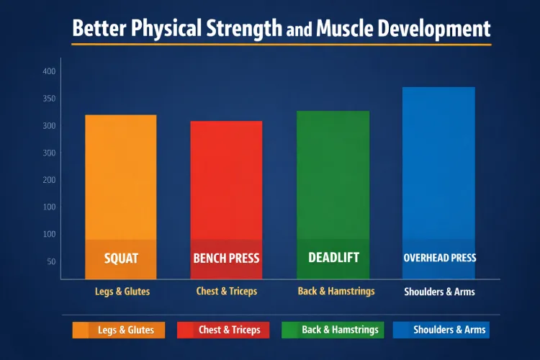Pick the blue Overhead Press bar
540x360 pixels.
tap(438, 166)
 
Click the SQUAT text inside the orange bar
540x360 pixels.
tap(121, 258)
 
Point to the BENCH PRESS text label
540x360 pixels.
tap(226, 258)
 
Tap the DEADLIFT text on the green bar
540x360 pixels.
tap(333, 257)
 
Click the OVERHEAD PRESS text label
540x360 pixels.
tap(439, 257)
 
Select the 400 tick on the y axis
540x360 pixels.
tap(49, 71)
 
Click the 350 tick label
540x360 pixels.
tap(49, 99)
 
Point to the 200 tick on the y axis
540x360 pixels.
tap(49, 180)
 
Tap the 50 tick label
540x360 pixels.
tap(50, 261)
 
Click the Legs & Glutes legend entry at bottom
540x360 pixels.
tap(119, 330)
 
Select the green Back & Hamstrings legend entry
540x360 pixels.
tap(331, 330)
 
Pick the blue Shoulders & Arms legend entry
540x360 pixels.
tap(441, 330)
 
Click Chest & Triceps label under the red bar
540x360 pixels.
tap(226, 292)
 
